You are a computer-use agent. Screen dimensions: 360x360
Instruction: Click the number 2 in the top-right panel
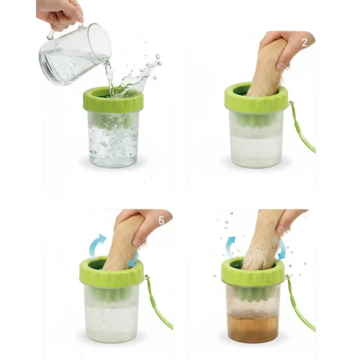304,43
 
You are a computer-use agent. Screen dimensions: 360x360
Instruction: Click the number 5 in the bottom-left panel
161,221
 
